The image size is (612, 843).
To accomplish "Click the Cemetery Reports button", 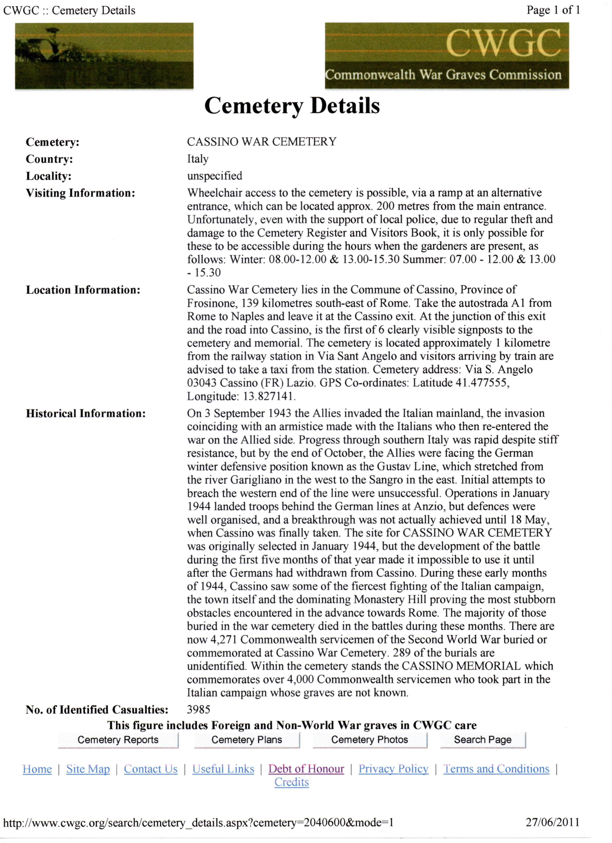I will pyautogui.click(x=118, y=740).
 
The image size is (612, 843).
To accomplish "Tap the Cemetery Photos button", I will pyautogui.click(x=370, y=740).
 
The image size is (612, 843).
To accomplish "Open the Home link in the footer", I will pyautogui.click(x=37, y=769).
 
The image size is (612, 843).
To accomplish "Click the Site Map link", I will pyautogui.click(x=88, y=769).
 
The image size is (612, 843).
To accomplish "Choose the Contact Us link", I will pyautogui.click(x=151, y=769).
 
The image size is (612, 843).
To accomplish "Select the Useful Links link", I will pyautogui.click(x=223, y=769).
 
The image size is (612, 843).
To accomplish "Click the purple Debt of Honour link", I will pyautogui.click(x=306, y=769).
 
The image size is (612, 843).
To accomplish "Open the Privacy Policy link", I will pyautogui.click(x=393, y=769).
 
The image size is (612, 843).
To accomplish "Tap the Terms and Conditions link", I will pyautogui.click(x=496, y=769).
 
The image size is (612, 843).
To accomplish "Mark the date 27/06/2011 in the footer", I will pyautogui.click(x=552, y=822).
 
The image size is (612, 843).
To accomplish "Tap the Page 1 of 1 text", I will pyautogui.click(x=553, y=10).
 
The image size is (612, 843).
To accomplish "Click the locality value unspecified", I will pyautogui.click(x=215, y=176).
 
